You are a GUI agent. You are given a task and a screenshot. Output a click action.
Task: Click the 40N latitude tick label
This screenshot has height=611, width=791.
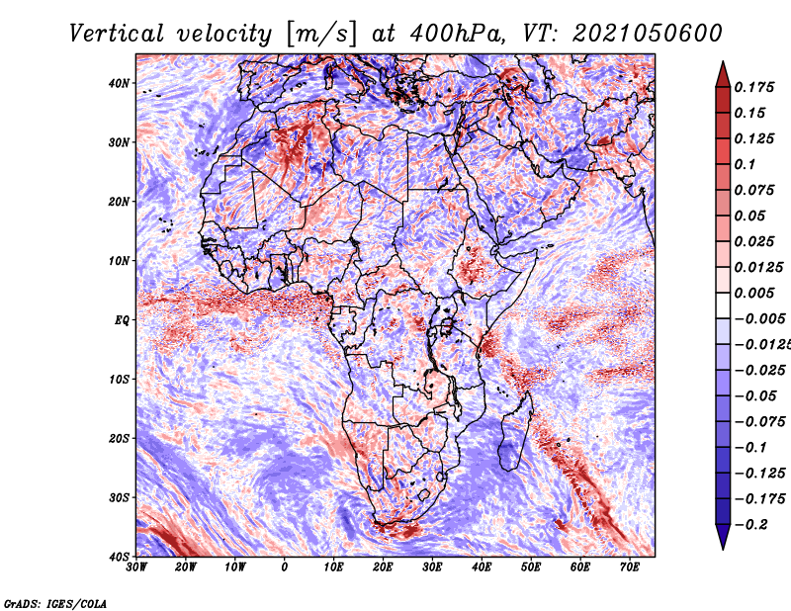(x=119, y=83)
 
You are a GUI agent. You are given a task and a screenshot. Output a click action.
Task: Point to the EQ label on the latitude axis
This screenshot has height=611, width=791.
(x=122, y=320)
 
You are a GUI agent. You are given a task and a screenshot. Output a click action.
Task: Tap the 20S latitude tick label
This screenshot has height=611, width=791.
(x=119, y=438)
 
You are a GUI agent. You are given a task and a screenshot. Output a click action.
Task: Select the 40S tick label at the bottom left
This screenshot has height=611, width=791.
(x=119, y=557)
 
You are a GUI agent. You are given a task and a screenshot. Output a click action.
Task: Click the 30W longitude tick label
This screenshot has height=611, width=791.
(x=136, y=567)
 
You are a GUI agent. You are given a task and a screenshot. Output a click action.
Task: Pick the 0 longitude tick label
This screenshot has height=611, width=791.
(x=285, y=567)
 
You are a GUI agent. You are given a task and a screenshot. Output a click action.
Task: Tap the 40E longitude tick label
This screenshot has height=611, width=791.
(x=482, y=567)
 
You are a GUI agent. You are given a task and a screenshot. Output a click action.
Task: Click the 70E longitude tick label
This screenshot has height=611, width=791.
(x=630, y=567)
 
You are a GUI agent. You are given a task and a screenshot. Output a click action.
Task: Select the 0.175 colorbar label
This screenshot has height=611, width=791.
(x=754, y=88)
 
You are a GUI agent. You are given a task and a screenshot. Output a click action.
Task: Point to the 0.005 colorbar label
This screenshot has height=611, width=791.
(x=754, y=293)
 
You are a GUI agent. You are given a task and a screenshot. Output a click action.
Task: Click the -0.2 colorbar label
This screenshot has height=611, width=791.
(x=750, y=525)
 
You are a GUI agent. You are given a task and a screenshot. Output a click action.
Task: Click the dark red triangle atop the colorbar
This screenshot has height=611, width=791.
(x=723, y=75)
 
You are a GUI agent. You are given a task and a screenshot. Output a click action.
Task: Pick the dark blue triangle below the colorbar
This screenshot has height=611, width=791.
(x=723, y=537)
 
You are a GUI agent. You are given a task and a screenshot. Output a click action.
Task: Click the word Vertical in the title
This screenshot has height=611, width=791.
(x=117, y=34)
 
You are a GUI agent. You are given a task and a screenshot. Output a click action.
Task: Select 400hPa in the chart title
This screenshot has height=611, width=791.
(x=457, y=34)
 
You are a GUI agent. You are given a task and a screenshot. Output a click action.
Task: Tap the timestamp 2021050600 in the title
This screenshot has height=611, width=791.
(x=648, y=34)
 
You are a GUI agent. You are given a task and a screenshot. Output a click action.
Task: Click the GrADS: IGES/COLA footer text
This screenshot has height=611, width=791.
(x=55, y=604)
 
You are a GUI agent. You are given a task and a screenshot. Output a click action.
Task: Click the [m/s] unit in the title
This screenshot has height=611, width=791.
(x=321, y=35)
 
